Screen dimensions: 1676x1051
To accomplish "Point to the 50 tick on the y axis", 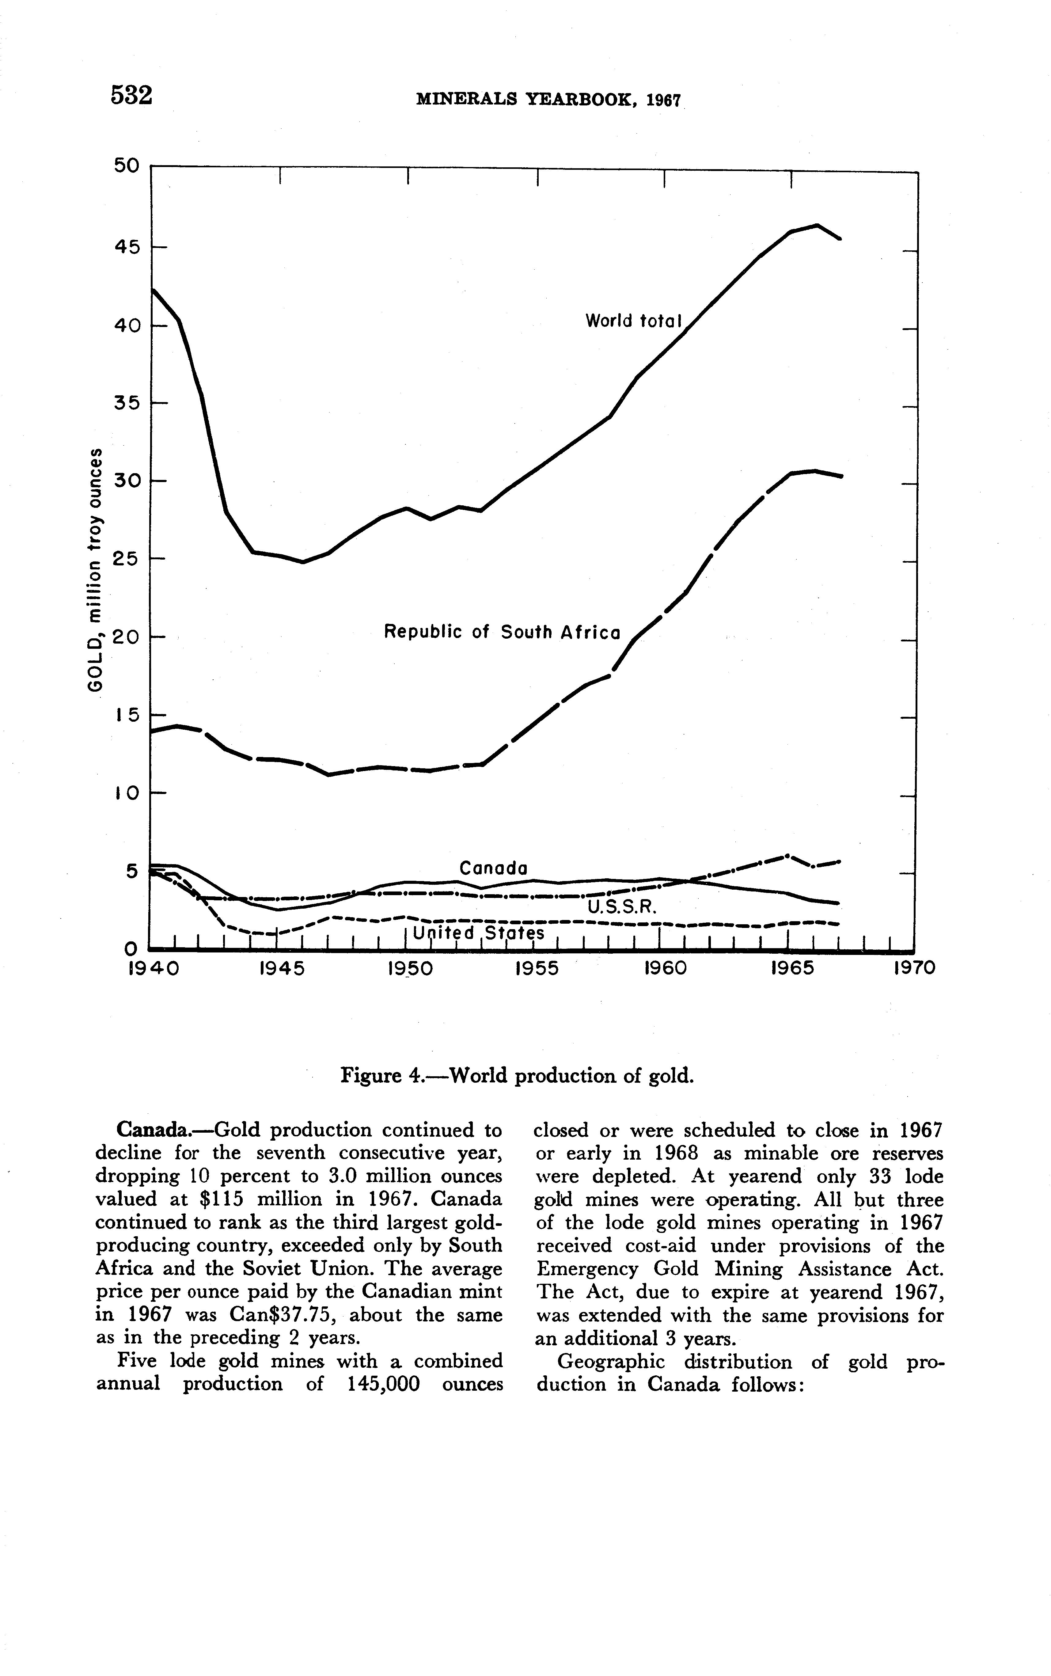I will click(x=127, y=166).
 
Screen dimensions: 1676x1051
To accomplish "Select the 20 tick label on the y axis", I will click(x=127, y=637).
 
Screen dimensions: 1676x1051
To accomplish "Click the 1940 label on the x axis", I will click(x=154, y=968).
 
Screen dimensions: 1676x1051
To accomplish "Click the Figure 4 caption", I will click(x=517, y=1077).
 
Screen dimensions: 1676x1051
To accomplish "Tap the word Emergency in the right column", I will click(x=588, y=1269).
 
